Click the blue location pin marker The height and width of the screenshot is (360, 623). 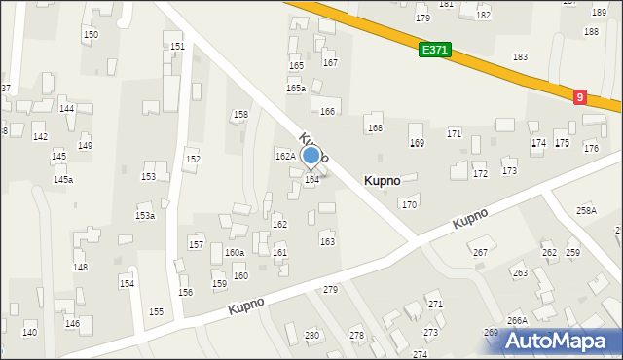point(311,156)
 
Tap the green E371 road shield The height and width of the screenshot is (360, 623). point(435,50)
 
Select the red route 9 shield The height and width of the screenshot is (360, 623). point(580,97)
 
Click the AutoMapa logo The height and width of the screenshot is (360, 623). point(558,341)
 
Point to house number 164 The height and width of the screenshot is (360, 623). point(311,180)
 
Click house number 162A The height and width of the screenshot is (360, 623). point(284,156)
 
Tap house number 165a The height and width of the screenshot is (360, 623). point(296,89)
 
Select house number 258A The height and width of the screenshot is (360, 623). point(586,210)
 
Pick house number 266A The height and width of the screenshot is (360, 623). point(517,320)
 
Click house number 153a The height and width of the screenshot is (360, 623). point(145,216)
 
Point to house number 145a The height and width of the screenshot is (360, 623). point(63,180)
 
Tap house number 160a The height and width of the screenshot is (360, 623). point(235,253)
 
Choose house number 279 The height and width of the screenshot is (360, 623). point(330,290)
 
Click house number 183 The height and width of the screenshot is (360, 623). point(521,58)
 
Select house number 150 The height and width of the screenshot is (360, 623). point(91,35)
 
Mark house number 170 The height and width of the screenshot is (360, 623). point(410,205)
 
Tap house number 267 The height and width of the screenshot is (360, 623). point(480,253)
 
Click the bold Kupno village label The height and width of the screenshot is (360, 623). point(383,180)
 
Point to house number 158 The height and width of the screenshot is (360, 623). point(239,115)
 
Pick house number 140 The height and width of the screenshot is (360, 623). point(30,333)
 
